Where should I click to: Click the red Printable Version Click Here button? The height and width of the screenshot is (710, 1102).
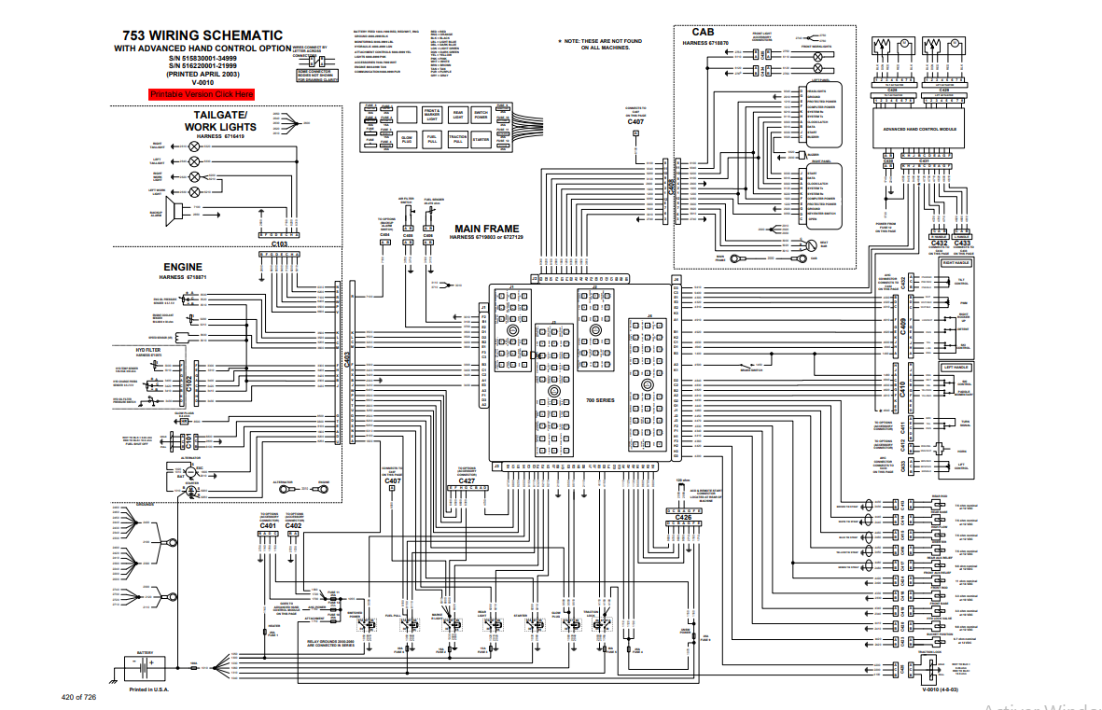point(201,94)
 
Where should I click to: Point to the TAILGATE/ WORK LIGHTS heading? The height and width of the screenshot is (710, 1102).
point(219,120)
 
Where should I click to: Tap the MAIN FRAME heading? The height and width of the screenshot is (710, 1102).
point(486,228)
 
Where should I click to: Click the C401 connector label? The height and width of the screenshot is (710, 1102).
point(268,526)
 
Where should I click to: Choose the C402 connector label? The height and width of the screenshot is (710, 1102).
point(294,526)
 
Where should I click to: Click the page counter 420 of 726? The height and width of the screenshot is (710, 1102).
point(79,697)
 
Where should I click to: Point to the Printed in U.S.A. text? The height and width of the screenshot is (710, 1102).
point(148,691)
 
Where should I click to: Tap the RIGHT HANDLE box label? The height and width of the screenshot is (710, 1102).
point(956,263)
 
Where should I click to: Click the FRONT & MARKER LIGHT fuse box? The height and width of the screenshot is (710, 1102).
point(432,115)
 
